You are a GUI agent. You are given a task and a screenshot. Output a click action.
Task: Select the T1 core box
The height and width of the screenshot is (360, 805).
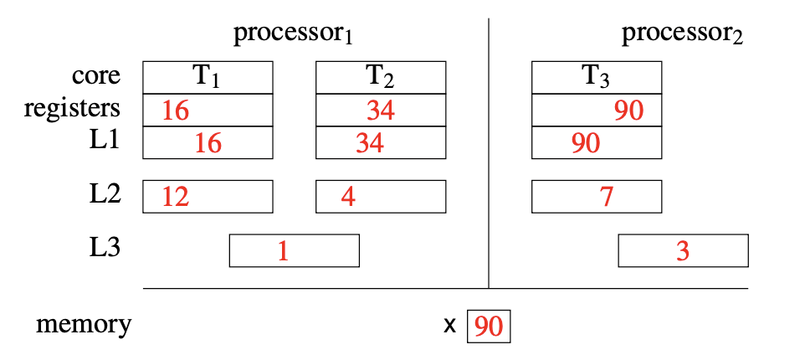[x=208, y=77]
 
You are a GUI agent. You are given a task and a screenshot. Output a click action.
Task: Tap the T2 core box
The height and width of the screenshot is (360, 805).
[x=380, y=77]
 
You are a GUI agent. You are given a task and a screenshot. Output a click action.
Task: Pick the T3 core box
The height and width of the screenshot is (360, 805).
[x=597, y=77]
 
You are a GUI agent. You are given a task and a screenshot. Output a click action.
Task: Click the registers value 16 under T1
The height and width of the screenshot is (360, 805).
[x=177, y=110]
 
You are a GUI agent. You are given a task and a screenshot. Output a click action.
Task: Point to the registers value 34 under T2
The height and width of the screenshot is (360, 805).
[x=381, y=110]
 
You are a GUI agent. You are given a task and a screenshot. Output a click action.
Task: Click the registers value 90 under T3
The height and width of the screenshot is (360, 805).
[x=628, y=110]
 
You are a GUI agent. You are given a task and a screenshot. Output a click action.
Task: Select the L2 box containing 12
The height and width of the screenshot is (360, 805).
[x=208, y=197]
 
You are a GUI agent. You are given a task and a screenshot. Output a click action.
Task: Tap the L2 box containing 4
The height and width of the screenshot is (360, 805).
[x=380, y=197]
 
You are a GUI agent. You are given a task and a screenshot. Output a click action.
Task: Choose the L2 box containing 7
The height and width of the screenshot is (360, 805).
[x=597, y=197]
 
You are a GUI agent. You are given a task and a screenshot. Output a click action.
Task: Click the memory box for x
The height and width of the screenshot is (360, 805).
[x=488, y=327]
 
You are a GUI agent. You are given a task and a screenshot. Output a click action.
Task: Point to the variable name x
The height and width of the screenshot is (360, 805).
[x=450, y=327]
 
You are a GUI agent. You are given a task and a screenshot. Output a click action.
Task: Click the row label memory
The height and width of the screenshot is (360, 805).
[x=84, y=325]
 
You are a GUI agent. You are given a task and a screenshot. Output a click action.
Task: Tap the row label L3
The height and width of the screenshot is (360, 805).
[x=105, y=248]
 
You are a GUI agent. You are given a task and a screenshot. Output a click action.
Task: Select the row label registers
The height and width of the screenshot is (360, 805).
[x=72, y=109]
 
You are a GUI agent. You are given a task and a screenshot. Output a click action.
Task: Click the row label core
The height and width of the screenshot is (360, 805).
[x=95, y=77]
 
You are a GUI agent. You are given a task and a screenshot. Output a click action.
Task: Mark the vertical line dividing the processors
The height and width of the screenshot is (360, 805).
[x=489, y=151]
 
